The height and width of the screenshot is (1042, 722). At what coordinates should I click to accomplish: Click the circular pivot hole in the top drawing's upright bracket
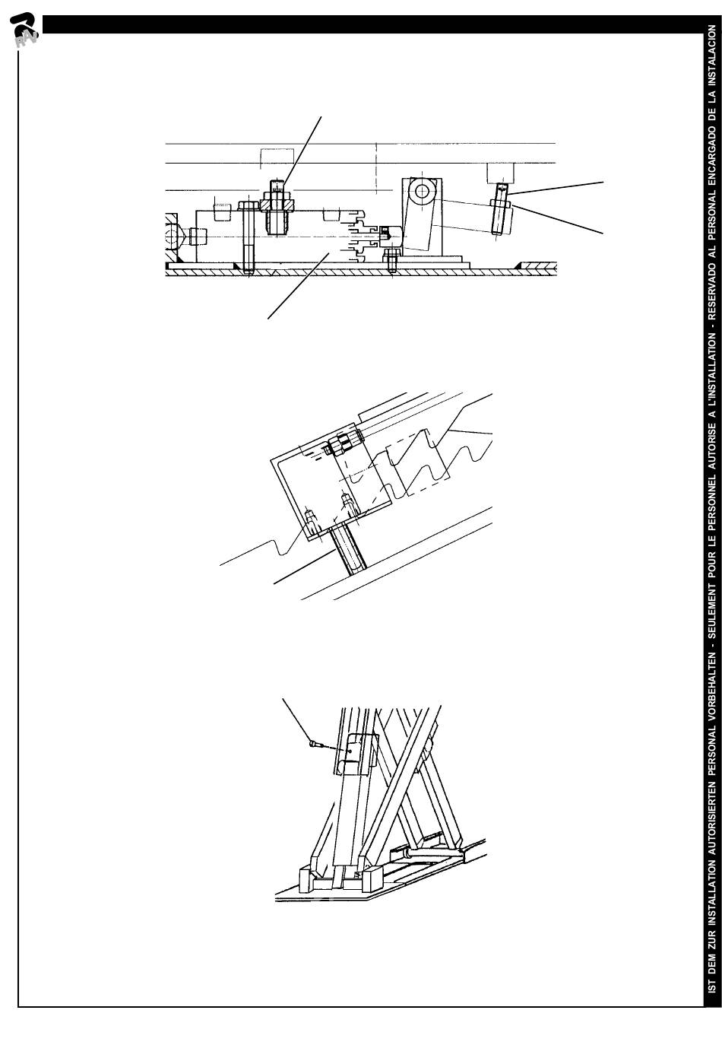pyautogui.click(x=422, y=191)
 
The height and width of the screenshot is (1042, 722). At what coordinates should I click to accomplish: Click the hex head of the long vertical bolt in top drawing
pyautogui.click(x=246, y=205)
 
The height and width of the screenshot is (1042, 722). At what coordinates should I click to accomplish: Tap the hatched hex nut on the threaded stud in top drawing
pyautogui.click(x=277, y=204)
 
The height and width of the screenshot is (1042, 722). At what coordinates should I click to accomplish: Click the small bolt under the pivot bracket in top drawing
pyautogui.click(x=391, y=259)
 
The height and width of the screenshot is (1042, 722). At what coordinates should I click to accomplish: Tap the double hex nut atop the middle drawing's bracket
pyautogui.click(x=343, y=444)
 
